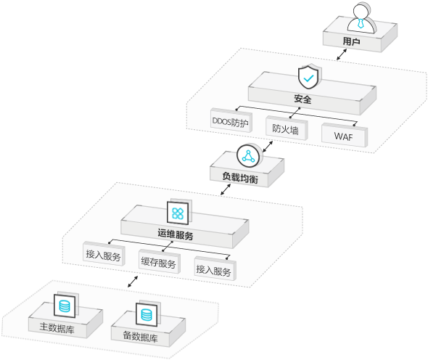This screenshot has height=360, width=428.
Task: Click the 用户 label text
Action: pyautogui.click(x=351, y=41)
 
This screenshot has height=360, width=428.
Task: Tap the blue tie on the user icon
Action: pyautogui.click(x=361, y=23)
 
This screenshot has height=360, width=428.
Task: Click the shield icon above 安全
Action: pyautogui.click(x=308, y=77)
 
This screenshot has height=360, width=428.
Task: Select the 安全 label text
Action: pyautogui.click(x=303, y=99)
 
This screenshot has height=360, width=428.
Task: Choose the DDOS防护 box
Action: pyautogui.click(x=231, y=120)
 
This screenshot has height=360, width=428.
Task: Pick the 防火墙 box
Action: pyautogui.click(x=287, y=128)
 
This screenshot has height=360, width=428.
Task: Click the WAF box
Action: pyautogui.click(x=344, y=135)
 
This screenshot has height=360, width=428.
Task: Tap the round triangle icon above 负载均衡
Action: pyautogui.click(x=248, y=156)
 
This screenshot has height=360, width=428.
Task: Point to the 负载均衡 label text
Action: pyautogui.click(x=240, y=177)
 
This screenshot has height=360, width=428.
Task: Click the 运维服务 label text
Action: pyautogui.click(x=176, y=234)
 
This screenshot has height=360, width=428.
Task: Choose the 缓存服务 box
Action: pyautogui.click(x=160, y=261)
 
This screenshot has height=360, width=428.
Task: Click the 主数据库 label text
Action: pyautogui.click(x=57, y=327)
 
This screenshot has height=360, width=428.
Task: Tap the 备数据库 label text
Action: pyautogui.click(x=140, y=336)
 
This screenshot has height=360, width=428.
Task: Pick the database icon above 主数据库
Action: pyautogui.click(x=65, y=306)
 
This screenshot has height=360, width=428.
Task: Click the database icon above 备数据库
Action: pyautogui.click(x=147, y=315)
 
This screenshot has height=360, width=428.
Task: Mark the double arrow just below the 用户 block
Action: pyautogui.click(x=342, y=54)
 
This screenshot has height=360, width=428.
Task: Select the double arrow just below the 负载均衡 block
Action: pyautogui.click(x=226, y=189)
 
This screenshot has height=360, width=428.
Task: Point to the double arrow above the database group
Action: pyautogui.click(x=133, y=282)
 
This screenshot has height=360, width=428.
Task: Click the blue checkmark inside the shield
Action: pyautogui.click(x=308, y=78)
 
